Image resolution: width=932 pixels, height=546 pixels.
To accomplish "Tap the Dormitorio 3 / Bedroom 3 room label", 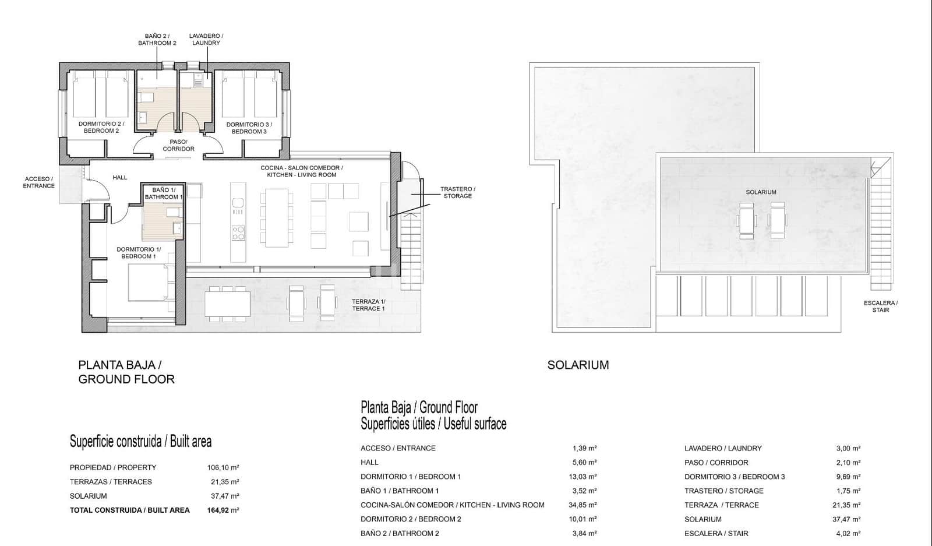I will (x=249, y=128).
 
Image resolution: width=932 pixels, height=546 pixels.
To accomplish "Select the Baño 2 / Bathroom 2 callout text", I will (x=157, y=40).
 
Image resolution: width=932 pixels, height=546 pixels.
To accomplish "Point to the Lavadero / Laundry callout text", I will (x=206, y=40).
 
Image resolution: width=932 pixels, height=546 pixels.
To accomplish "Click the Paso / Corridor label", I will (x=178, y=145).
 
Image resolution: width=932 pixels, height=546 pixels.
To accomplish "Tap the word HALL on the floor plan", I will (x=120, y=177).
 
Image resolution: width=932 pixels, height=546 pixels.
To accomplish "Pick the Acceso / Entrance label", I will (x=38, y=182).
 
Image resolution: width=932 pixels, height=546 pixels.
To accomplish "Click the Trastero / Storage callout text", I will (x=458, y=192).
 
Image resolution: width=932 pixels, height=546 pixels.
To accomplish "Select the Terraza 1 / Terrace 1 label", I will (x=368, y=305).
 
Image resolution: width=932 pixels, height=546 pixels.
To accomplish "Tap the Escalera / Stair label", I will (x=880, y=307).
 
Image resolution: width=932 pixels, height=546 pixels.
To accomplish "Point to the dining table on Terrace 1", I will (x=227, y=304).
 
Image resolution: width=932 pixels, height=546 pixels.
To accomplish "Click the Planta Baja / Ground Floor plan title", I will (x=126, y=372).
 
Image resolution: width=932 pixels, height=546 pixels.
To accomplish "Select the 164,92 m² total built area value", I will (x=225, y=510).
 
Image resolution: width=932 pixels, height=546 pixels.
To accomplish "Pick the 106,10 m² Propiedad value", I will (x=225, y=467).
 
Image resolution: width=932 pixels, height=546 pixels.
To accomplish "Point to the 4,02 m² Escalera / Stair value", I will (x=848, y=533).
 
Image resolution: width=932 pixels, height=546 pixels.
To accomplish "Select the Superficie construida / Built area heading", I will (x=140, y=441).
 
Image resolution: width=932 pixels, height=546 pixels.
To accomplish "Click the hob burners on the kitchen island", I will (x=238, y=234).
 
